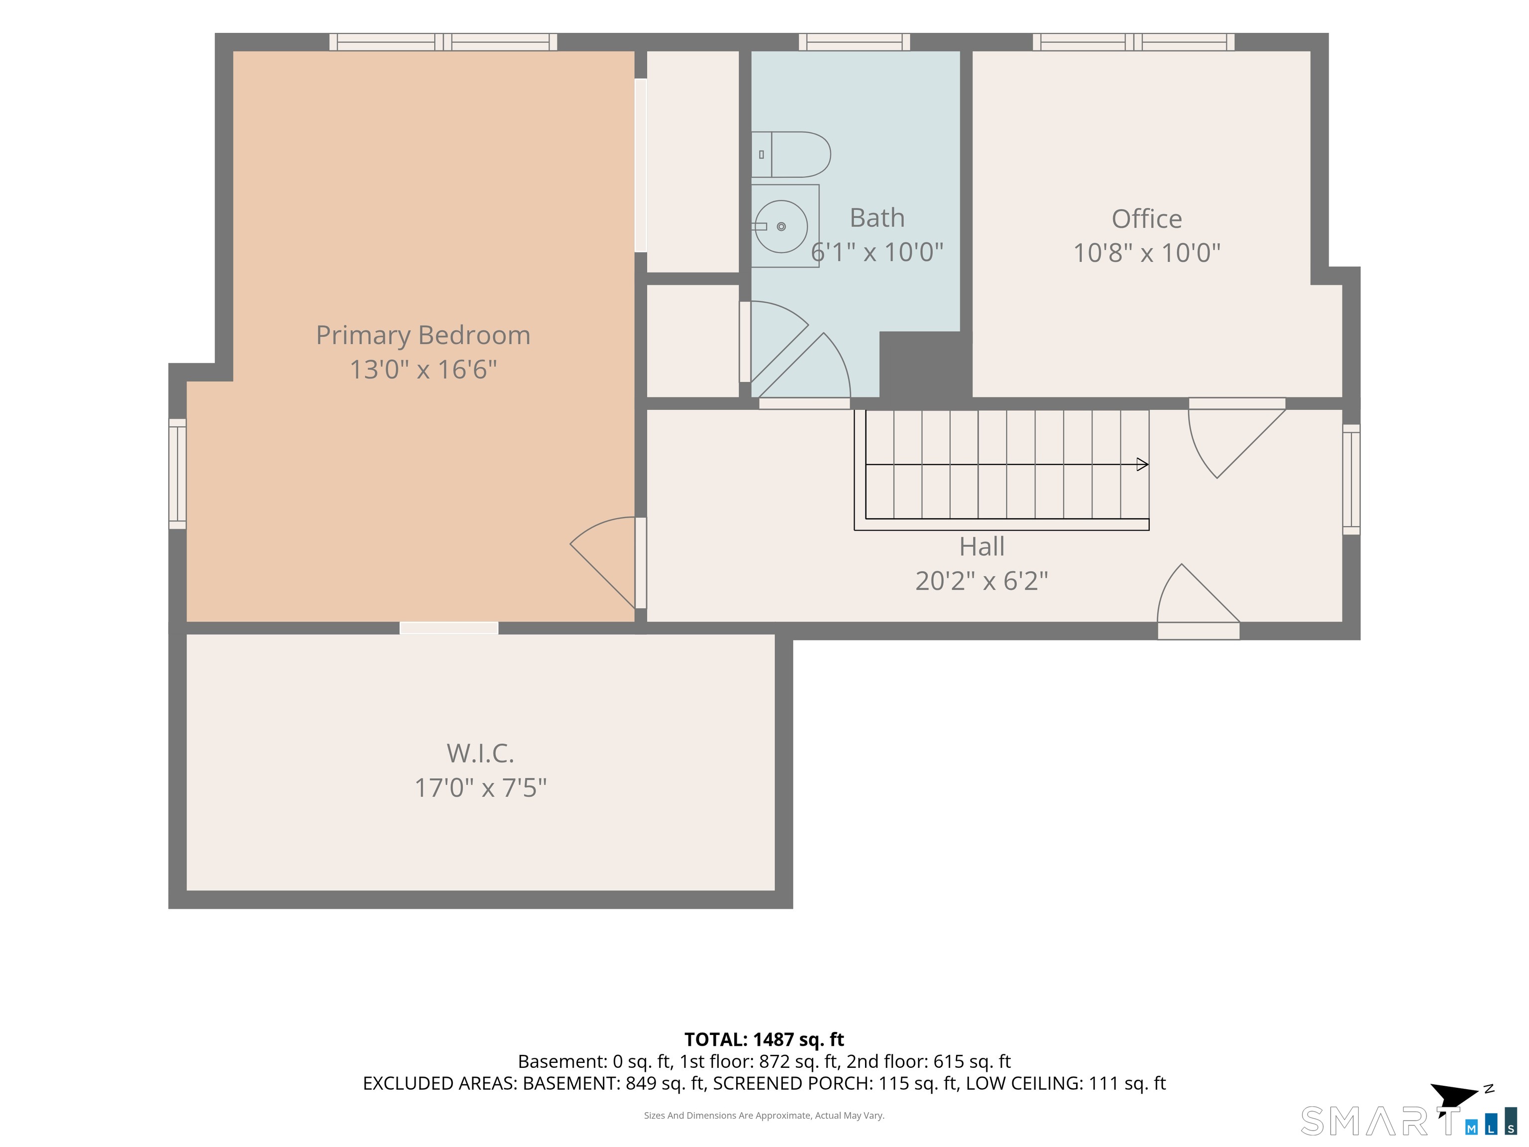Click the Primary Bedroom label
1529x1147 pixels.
pos(423,336)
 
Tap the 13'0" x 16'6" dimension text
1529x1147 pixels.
pos(423,369)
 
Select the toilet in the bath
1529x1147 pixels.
pos(791,155)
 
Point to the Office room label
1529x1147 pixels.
pos(1147,219)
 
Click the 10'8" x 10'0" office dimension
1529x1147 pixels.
pos(1147,253)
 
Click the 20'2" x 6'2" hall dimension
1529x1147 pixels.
pos(982,581)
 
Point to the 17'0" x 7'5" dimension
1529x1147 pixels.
pos(480,788)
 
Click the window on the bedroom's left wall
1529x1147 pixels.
pos(178,473)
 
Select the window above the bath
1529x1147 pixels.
pos(855,42)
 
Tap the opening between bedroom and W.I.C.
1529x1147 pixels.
pos(449,628)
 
